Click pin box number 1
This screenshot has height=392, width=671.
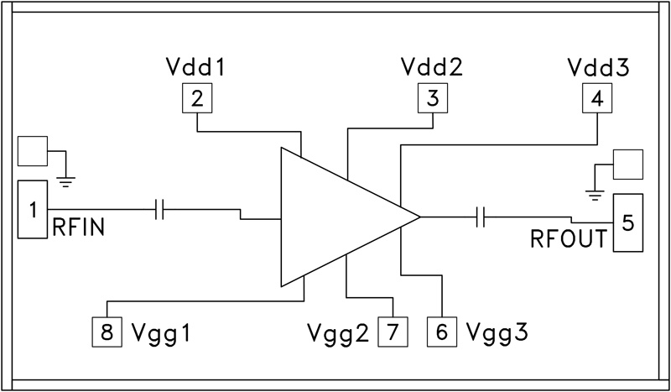point(33,209)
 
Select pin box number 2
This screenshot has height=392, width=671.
point(197,99)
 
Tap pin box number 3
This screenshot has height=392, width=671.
point(433,99)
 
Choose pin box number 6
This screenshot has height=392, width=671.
point(442,331)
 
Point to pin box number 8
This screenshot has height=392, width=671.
point(107,331)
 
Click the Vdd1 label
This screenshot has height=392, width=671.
point(197,66)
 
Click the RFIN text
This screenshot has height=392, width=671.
point(78,227)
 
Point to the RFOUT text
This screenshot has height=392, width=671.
point(568,239)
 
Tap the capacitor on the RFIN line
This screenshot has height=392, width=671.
point(160,209)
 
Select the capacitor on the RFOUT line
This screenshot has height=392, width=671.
point(481,217)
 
